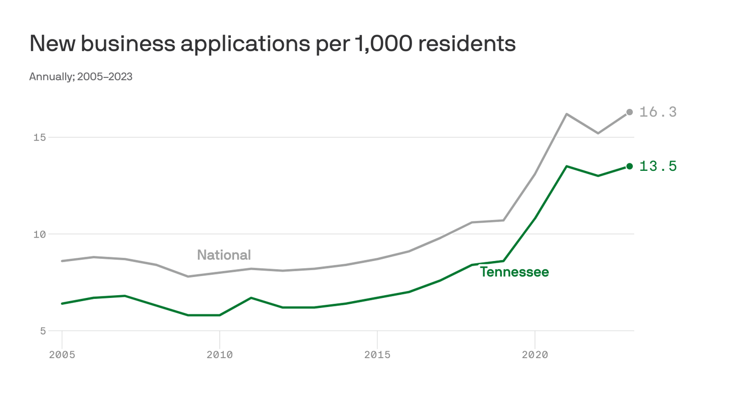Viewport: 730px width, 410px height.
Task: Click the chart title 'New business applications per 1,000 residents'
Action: click(272, 44)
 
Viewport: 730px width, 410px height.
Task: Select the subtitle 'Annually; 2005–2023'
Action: click(81, 76)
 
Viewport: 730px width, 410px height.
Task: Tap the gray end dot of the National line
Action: click(630, 112)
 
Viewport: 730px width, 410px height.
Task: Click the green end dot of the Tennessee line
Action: click(630, 166)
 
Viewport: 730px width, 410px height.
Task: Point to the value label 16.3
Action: click(658, 112)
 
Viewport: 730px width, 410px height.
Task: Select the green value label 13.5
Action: click(658, 167)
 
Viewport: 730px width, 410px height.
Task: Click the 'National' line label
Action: click(224, 255)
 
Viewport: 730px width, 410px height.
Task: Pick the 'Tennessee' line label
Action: click(514, 272)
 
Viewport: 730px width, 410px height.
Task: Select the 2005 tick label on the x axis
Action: click(62, 354)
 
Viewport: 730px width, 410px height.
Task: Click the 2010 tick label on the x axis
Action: click(220, 354)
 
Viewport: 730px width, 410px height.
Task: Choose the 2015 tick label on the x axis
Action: click(377, 354)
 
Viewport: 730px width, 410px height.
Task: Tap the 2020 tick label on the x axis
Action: click(535, 354)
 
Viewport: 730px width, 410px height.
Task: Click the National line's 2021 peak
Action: click(566, 114)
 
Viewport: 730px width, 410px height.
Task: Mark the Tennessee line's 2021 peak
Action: click(566, 166)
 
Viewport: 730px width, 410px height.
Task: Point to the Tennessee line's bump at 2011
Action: click(251, 298)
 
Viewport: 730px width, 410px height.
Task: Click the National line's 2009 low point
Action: click(188, 277)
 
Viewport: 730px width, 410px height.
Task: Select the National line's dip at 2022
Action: click(598, 133)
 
